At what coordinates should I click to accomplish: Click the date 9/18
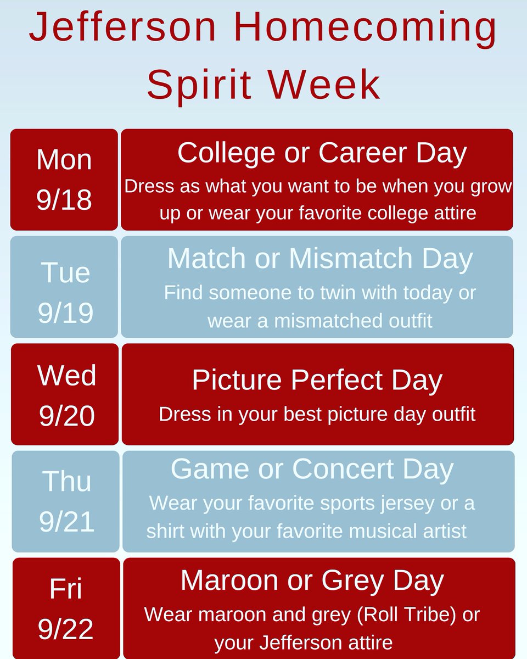[x=64, y=200]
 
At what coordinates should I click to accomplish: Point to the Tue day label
[x=65, y=272]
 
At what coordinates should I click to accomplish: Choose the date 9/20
[x=66, y=416]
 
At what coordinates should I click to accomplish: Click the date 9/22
[x=66, y=630]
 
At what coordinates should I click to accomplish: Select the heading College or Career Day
[x=322, y=153]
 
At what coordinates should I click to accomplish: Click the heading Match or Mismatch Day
[x=319, y=259]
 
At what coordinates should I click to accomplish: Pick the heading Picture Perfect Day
[x=317, y=380]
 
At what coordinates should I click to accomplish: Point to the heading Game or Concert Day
[x=312, y=469]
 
